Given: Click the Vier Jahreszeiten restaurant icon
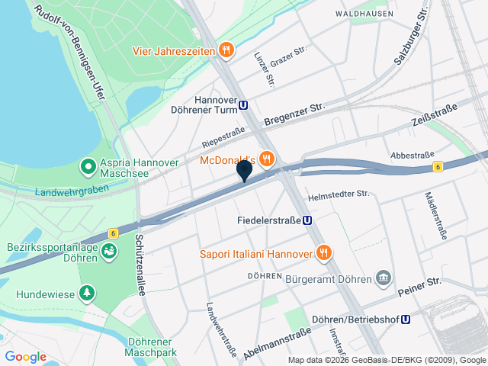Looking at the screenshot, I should click(225, 51).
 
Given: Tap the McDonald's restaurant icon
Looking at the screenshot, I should click(266, 160).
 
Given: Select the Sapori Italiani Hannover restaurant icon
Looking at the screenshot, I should click(323, 253).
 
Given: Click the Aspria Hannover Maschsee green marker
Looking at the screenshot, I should click(88, 165).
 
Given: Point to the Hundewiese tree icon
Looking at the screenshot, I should click(88, 292).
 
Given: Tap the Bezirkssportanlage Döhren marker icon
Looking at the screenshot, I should click(108, 250).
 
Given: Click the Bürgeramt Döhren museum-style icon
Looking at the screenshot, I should click(384, 279).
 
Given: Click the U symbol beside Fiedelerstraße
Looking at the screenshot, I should click(307, 220).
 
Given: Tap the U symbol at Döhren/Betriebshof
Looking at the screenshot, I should click(406, 321).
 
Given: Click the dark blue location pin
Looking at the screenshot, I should click(244, 170).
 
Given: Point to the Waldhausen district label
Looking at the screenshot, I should click(364, 14).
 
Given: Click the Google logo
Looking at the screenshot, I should click(25, 357).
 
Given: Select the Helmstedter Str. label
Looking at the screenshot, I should click(339, 195).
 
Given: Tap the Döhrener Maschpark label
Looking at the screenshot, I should click(152, 348).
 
